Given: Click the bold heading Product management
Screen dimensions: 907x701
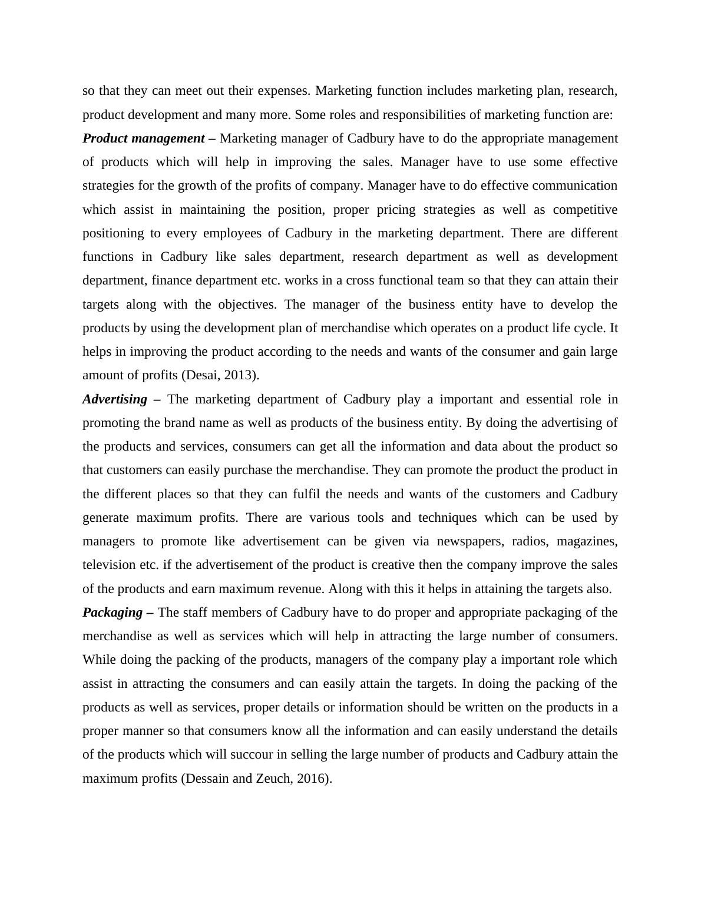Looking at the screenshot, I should (x=144, y=138).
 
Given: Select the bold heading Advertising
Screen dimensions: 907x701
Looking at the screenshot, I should (x=115, y=399).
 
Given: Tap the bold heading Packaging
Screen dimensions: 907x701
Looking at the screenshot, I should (x=113, y=613).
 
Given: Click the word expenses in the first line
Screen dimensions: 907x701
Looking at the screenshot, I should (x=284, y=91).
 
